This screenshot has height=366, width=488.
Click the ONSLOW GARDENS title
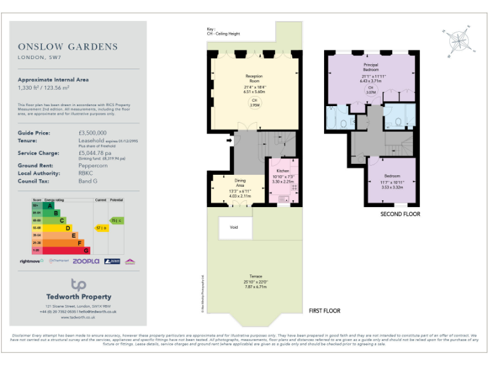[x=68, y=46]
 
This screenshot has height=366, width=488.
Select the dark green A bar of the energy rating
[x=43, y=206]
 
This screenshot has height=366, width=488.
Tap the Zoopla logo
[x=86, y=261]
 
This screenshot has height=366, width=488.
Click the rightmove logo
[x=32, y=261]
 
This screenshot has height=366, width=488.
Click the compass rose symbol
[x=459, y=41]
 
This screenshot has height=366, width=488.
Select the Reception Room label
[x=254, y=79]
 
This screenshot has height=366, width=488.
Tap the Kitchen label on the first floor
[x=281, y=172]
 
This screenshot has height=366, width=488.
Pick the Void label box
[x=233, y=227]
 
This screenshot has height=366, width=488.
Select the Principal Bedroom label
[x=372, y=67]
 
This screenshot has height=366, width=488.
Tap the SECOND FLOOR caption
[x=400, y=214]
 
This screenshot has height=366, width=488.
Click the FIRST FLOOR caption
[x=324, y=311]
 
